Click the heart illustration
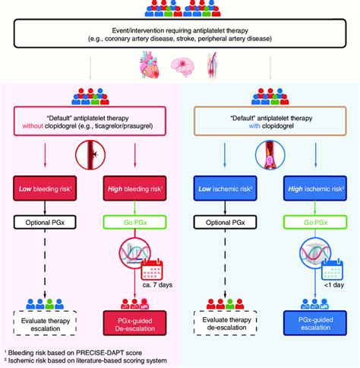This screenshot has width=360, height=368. (x=150, y=65)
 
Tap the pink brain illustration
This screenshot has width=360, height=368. (x=182, y=67)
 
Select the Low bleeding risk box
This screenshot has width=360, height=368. (x=45, y=189)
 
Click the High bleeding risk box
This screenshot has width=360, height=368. (x=134, y=189)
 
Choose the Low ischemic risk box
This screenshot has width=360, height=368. (x=225, y=189)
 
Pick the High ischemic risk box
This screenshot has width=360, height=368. (x=315, y=189)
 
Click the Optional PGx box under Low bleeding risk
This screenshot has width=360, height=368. (x=45, y=222)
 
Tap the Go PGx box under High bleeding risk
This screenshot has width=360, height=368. (x=135, y=222)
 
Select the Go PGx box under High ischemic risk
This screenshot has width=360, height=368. (x=315, y=222)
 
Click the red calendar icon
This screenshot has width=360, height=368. (x=152, y=269)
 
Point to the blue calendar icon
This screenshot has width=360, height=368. (x=332, y=269)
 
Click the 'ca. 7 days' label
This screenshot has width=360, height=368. (x=157, y=285)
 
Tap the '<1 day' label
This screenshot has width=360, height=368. (x=334, y=285)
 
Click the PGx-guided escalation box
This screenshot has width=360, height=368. (x=315, y=323)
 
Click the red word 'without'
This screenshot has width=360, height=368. (x=33, y=126)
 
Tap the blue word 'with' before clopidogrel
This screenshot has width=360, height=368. (x=254, y=126)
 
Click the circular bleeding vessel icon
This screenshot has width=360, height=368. (x=90, y=154)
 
